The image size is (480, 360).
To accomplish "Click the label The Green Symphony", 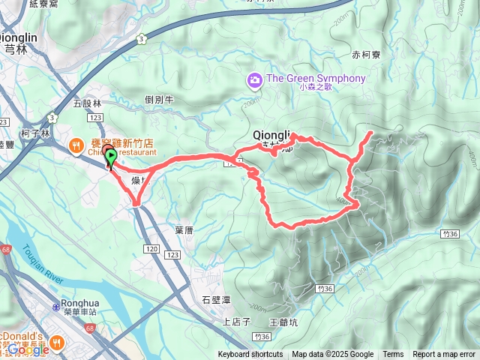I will pyautogui.click(x=316, y=79).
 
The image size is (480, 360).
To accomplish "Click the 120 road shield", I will pyautogui.click(x=152, y=247).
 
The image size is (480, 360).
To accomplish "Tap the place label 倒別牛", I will pyautogui.click(x=159, y=100).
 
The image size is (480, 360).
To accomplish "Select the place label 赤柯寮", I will pyautogui.click(x=366, y=55).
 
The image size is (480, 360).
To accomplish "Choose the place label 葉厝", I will pyautogui.click(x=184, y=230).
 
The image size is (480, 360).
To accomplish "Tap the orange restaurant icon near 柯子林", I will pyautogui.click(x=76, y=145).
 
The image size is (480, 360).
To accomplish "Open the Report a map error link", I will pyautogui.click(x=445, y=355).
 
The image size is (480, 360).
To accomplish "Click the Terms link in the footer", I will pyautogui.click(x=393, y=355).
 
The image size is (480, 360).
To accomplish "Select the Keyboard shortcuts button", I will pyautogui.click(x=250, y=355).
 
